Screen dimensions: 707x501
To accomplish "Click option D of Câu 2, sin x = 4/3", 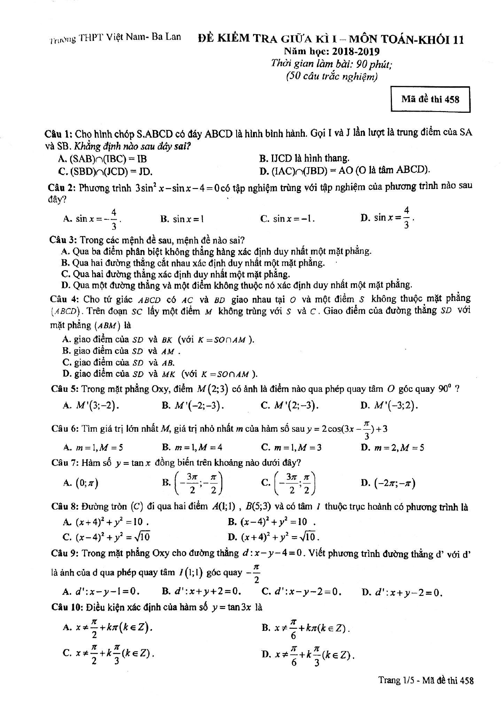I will (389, 218).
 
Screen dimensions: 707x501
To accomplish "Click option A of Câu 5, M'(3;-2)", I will (91, 405).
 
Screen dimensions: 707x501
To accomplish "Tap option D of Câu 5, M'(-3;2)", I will (390, 405).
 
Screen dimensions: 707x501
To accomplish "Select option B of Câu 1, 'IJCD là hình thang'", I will (305, 158).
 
